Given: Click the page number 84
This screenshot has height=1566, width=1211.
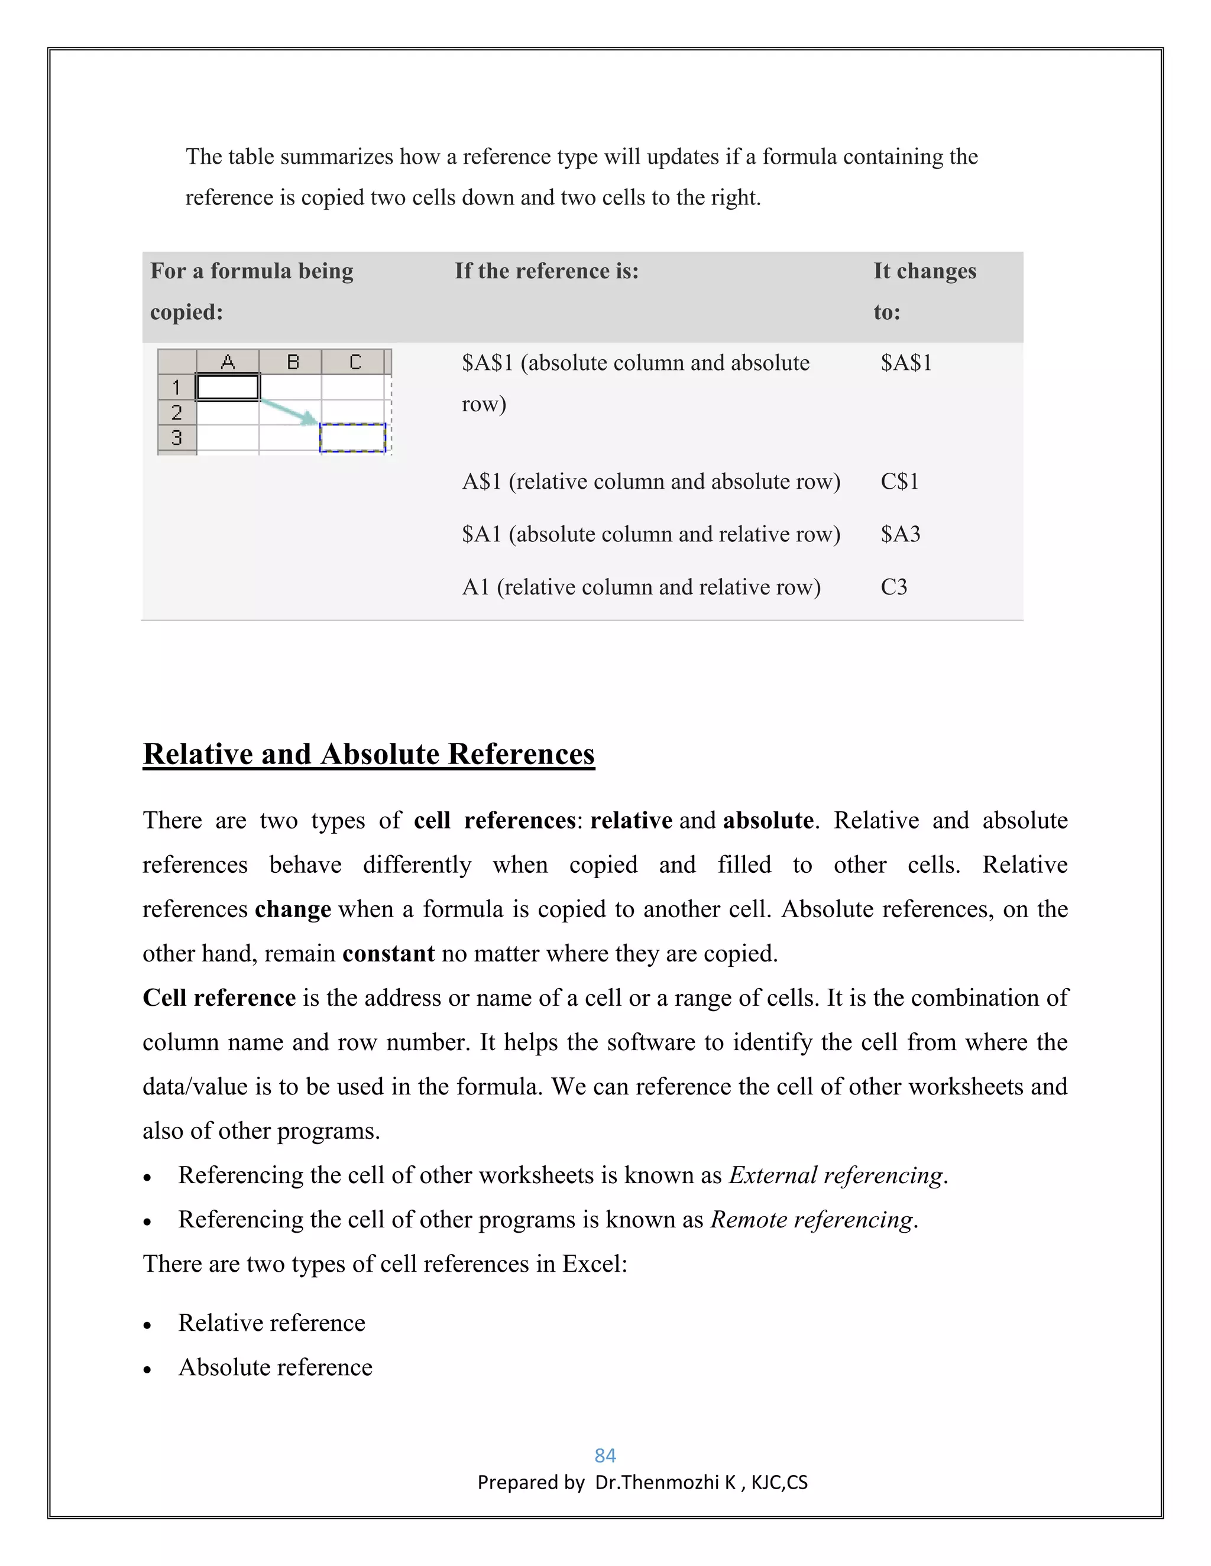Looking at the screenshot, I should pos(605,1455).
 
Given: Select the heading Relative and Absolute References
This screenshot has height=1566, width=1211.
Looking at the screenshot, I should pos(369,754).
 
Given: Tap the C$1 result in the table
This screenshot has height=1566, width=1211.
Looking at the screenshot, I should pos(899,481).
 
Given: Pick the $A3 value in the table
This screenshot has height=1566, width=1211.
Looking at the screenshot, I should pos(901,534).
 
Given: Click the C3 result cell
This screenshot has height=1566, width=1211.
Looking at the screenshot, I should pos(894,587).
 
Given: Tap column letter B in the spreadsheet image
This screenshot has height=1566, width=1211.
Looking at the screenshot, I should pos(292,362).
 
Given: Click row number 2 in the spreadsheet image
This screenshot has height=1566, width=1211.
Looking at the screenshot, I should pos(176,412).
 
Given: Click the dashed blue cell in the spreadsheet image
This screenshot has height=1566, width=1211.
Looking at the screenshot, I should pos(352,437).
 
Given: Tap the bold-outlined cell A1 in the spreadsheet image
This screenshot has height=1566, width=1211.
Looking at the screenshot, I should pos(228,387).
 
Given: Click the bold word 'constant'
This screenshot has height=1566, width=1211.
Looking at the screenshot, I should pos(388,954).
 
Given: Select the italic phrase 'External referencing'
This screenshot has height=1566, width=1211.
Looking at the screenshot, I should pos(836,1175).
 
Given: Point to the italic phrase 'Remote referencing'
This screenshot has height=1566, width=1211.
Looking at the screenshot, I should pos(812,1220).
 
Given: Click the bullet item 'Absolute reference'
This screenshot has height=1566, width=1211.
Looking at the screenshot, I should pos(276,1367).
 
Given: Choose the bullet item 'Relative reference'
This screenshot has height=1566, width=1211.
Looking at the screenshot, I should pos(272,1323).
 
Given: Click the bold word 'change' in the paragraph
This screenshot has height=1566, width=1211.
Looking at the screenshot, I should pos(293,909).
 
